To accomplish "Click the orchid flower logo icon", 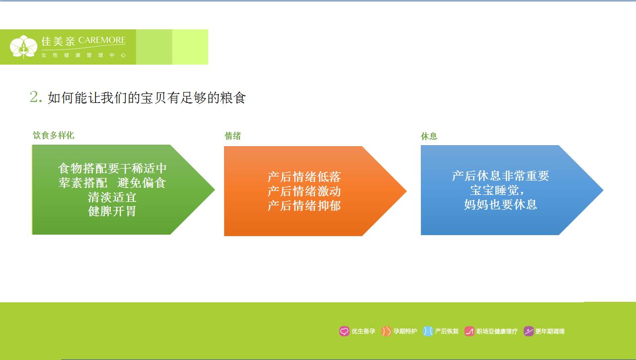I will click(x=23, y=47).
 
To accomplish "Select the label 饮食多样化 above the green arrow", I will click(x=54, y=135).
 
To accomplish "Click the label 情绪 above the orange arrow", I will click(x=233, y=136).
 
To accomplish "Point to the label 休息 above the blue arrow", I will click(x=429, y=136).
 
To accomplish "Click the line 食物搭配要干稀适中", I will click(x=112, y=169).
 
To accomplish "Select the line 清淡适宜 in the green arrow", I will click(x=112, y=197).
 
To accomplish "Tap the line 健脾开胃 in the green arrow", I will click(x=112, y=211).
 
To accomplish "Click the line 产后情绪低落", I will click(x=304, y=177).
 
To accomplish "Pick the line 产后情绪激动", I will click(x=304, y=191).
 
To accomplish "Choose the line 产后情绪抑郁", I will click(x=304, y=205).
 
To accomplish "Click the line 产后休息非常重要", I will click(x=500, y=176).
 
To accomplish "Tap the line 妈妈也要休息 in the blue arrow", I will click(x=500, y=204).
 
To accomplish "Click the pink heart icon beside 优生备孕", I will click(x=344, y=331).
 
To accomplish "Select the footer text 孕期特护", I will click(x=405, y=331).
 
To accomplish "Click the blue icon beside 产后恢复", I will click(x=427, y=331).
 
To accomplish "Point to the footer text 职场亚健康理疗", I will click(x=497, y=331).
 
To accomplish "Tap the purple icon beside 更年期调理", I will click(x=529, y=331).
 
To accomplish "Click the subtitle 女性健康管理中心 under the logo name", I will click(x=83, y=55).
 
